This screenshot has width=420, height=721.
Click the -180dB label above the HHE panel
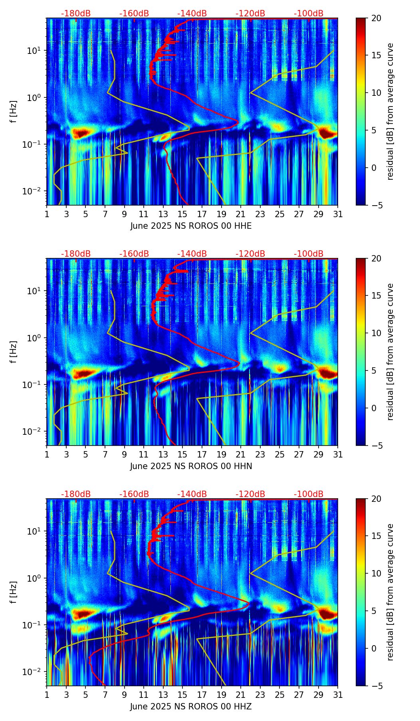click(x=76, y=14)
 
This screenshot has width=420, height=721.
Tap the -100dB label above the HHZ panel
click(x=309, y=494)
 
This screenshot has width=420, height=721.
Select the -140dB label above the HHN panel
click(x=192, y=254)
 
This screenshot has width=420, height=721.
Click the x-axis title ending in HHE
click(x=191, y=226)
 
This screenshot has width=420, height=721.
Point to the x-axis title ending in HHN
click(x=191, y=466)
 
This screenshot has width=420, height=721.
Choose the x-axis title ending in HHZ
click(x=191, y=707)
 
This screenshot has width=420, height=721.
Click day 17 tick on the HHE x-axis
click(x=202, y=214)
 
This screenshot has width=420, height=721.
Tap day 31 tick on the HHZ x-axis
click(x=338, y=695)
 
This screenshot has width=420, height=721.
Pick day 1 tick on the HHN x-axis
click(x=47, y=454)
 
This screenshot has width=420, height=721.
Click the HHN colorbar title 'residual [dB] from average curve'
click(x=390, y=352)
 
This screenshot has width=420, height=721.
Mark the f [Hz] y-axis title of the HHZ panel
click(x=14, y=592)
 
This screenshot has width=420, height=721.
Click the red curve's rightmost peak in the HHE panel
click(x=238, y=121)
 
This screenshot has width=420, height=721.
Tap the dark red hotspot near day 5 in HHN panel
click(x=83, y=374)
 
